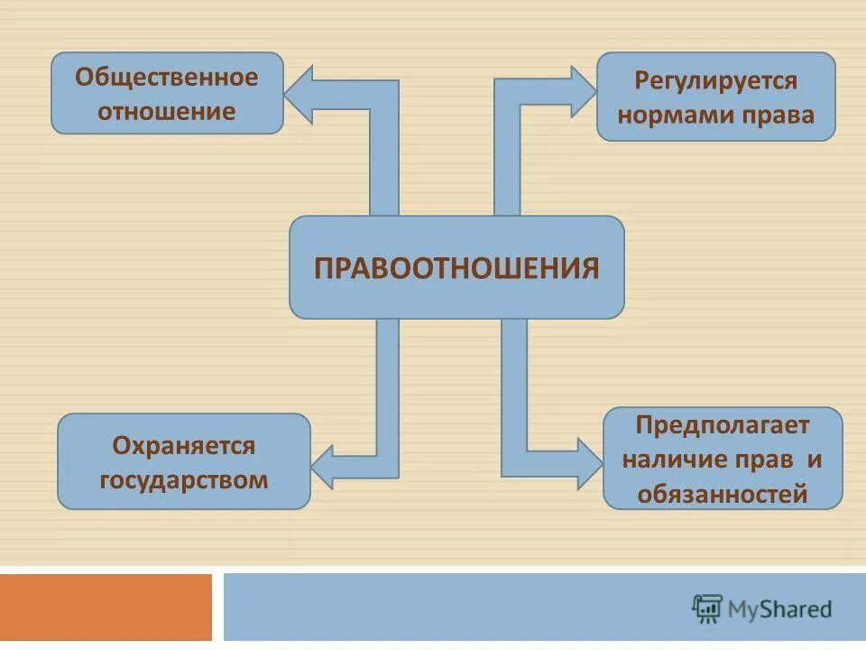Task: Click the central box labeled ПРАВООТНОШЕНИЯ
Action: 456,267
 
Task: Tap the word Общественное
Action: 167,77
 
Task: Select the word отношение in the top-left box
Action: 167,112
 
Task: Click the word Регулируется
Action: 716,80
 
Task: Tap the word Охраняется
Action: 184,445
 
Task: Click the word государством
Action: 184,479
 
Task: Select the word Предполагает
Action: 723,424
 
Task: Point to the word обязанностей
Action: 723,494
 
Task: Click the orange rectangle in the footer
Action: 106,607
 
